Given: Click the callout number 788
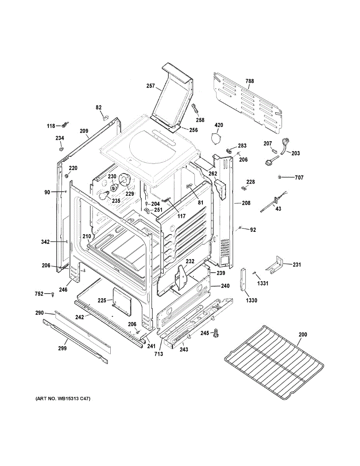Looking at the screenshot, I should [249, 81].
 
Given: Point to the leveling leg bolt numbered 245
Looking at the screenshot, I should [216, 332].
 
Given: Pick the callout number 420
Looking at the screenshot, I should [219, 125].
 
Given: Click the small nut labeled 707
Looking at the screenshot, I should [280, 177].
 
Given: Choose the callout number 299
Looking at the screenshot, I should [63, 348].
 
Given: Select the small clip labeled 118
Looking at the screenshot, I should [64, 125].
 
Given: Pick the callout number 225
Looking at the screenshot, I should [102, 300].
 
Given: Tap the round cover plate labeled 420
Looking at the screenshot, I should [215, 138].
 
